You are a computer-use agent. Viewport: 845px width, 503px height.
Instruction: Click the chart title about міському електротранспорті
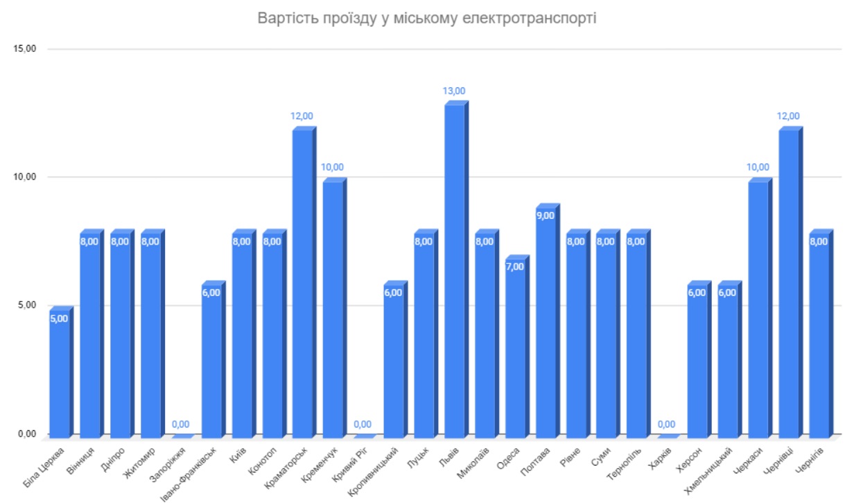pos(426,17)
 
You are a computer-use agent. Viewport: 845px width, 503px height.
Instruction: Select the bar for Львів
pos(454,270)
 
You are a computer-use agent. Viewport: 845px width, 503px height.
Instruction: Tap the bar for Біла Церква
pos(60,374)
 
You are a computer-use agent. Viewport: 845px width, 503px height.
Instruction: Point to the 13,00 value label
pos(454,91)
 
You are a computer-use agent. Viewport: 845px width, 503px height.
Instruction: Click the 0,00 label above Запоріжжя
pos(181,424)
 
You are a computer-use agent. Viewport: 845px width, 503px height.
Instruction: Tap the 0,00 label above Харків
pos(667,424)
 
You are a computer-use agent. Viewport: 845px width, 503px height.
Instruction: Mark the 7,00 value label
pos(515,267)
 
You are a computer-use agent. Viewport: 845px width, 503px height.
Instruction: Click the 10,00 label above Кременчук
pos(333,167)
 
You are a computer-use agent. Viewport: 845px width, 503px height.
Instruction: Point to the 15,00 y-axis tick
pos(26,49)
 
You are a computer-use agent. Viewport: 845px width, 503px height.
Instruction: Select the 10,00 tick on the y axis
pos(26,177)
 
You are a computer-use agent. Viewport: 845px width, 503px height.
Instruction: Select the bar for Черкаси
pos(758,308)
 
